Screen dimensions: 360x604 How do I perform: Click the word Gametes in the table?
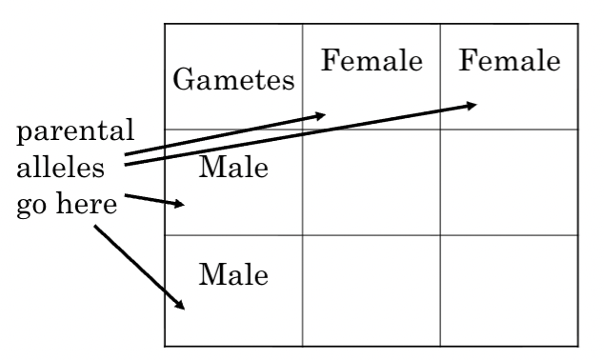(233, 81)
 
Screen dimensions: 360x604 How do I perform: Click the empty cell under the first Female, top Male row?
(372, 182)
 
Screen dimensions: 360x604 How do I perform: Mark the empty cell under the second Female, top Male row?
(510, 182)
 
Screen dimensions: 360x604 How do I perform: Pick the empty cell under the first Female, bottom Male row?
(372, 290)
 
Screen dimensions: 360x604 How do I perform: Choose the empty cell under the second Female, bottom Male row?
(510, 290)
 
